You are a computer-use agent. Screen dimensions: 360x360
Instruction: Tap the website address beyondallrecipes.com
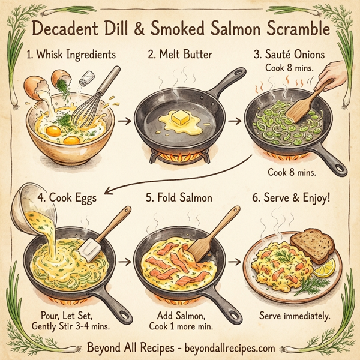tap(226, 347)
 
